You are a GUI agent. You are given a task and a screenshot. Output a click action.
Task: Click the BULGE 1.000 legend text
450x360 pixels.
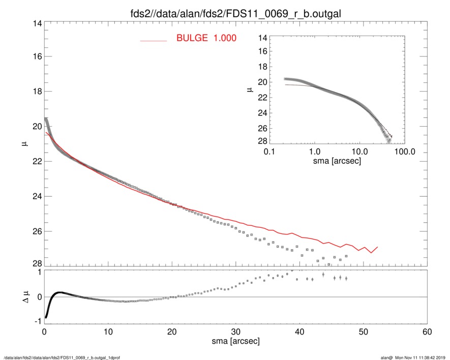click(x=206, y=38)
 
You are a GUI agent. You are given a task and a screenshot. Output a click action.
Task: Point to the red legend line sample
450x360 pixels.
click(x=154, y=40)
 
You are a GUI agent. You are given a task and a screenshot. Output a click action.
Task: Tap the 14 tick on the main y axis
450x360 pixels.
click(x=36, y=23)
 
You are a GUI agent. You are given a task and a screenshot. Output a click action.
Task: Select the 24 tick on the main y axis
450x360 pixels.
click(x=36, y=196)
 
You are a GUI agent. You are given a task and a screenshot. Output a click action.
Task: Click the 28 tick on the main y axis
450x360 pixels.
click(x=36, y=263)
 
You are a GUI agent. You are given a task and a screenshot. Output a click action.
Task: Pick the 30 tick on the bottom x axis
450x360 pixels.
click(x=235, y=332)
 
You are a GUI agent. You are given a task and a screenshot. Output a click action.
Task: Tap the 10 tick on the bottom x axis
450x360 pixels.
click(x=108, y=332)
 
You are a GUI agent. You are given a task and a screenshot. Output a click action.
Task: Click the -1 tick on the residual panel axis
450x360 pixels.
click(x=36, y=321)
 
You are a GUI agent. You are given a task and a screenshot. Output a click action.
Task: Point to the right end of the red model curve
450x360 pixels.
click(x=377, y=248)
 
